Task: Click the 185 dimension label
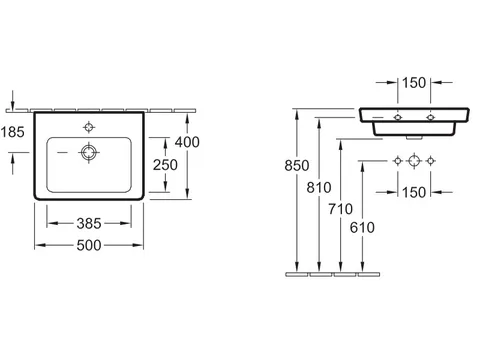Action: coord(13,132)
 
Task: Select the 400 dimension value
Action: coord(187,142)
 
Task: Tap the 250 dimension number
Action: coord(165,165)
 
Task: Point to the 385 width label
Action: coord(89,224)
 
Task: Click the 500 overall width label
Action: coord(89,246)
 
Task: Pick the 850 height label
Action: coord(297,166)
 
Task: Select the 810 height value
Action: coord(319,188)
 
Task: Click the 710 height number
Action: coord(340,209)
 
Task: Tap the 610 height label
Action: coord(362,228)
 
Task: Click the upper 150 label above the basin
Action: coord(414,83)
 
